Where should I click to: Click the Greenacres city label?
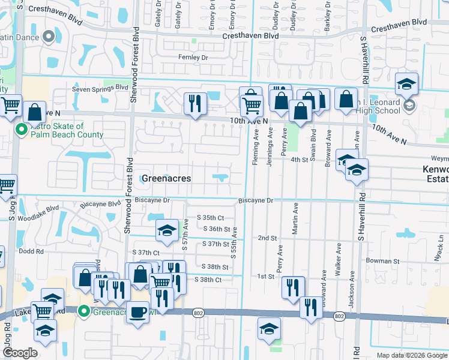(166, 178)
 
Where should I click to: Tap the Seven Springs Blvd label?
(100, 87)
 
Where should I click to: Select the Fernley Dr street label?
(193, 58)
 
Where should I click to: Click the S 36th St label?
(217, 229)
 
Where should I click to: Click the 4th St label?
(300, 160)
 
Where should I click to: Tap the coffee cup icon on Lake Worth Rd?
(137, 313)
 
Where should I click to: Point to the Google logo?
(20, 353)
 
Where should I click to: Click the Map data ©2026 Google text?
(411, 355)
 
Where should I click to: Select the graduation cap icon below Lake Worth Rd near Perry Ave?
(269, 328)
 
